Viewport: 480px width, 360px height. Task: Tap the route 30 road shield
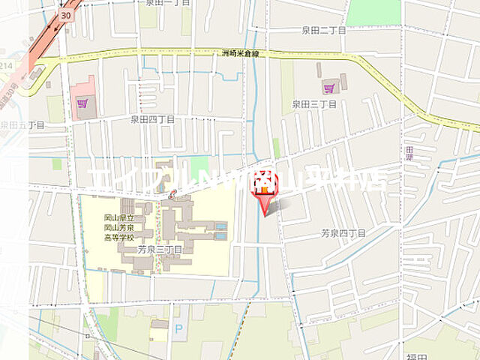tap(67, 15)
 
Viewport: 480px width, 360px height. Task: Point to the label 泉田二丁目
tap(323, 30)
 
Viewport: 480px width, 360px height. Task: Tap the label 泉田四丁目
tap(152, 118)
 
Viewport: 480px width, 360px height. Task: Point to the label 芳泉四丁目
tap(343, 233)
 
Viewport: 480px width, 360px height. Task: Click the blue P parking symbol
tap(177, 328)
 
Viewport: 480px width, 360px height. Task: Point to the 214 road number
tap(5, 67)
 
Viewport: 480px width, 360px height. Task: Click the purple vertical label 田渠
tap(409, 153)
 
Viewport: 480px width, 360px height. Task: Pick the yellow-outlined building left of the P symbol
tap(159, 331)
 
